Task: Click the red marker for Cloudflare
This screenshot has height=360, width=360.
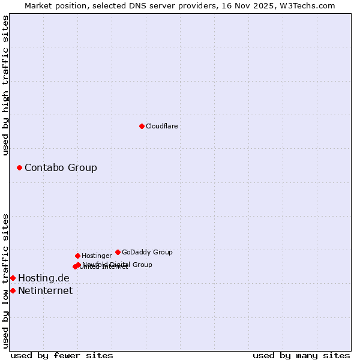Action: pyautogui.click(x=142, y=126)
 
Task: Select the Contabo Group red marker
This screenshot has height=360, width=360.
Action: pyautogui.click(x=20, y=167)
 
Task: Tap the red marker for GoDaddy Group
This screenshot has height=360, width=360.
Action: pyautogui.click(x=118, y=252)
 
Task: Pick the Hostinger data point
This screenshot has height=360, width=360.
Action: pyautogui.click(x=77, y=256)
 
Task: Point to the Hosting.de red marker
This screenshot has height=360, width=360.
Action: pyautogui.click(x=13, y=278)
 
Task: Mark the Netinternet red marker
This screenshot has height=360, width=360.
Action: pyautogui.click(x=13, y=290)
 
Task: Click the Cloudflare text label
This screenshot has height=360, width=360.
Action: pyautogui.click(x=161, y=126)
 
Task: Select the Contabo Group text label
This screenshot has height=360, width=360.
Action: pyautogui.click(x=61, y=167)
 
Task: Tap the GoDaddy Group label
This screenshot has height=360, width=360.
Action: pyautogui.click(x=147, y=252)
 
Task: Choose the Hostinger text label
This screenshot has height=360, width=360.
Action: pyautogui.click(x=97, y=256)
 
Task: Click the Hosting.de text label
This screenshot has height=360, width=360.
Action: pyautogui.click(x=44, y=278)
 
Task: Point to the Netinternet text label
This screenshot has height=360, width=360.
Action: pyautogui.click(x=46, y=290)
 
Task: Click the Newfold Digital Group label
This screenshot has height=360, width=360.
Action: pyautogui.click(x=118, y=264)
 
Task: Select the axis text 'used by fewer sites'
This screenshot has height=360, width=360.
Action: pyautogui.click(x=62, y=355)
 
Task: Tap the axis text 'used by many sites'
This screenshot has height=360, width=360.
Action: pyautogui.click(x=301, y=355)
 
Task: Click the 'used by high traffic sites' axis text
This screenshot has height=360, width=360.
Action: pyautogui.click(x=5, y=85)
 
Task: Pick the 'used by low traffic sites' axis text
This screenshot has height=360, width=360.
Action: pyautogui.click(x=5, y=281)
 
